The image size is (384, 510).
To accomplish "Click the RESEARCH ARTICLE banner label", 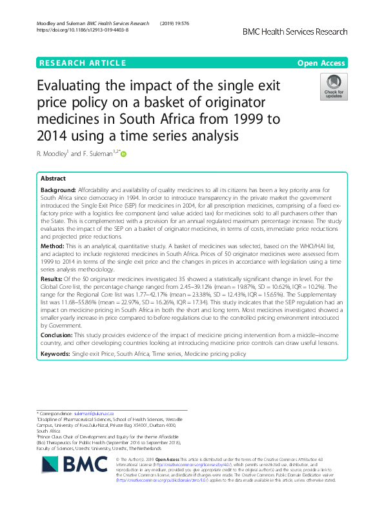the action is [82, 63].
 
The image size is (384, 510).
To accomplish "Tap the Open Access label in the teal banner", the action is [321, 63].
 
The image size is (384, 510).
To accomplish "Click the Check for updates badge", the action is [334, 87].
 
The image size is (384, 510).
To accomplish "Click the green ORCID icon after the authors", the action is [123, 153].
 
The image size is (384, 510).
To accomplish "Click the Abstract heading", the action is [53, 179].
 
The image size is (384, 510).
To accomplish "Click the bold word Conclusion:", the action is [57, 335].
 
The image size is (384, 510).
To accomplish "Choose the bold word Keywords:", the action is [56, 355].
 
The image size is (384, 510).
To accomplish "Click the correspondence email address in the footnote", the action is [94, 412].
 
